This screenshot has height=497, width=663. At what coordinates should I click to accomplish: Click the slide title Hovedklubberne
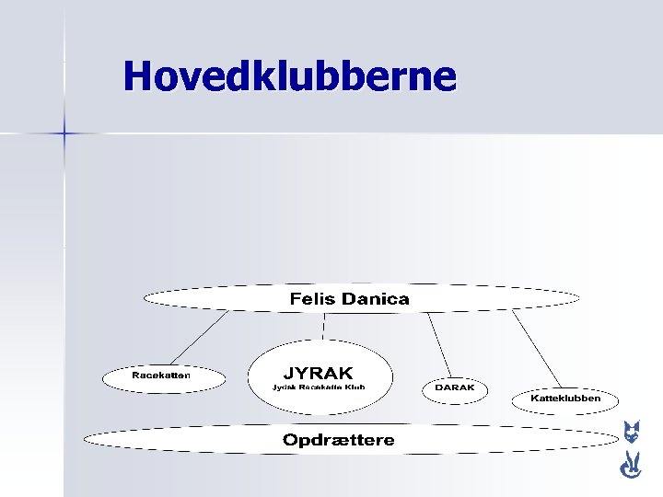point(289,76)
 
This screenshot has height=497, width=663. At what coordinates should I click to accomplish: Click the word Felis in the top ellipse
point(313,298)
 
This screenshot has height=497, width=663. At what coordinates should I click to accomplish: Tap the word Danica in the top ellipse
point(375,298)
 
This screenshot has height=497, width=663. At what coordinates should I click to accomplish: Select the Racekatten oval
point(162,376)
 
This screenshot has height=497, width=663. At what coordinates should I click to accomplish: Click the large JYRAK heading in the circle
point(319,373)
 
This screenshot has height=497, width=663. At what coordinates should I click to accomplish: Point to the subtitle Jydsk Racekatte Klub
point(319,387)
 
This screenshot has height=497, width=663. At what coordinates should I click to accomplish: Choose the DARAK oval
point(455,387)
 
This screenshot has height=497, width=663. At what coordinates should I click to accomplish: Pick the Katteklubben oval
point(565,399)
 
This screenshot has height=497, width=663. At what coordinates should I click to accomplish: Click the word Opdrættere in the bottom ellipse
point(338,440)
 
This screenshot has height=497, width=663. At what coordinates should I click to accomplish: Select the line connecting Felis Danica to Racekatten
point(199,338)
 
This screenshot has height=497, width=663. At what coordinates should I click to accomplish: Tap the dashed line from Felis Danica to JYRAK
point(323,325)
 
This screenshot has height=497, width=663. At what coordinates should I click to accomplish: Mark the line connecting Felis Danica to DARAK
point(439,344)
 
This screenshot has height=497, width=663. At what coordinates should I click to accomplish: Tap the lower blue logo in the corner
point(631,466)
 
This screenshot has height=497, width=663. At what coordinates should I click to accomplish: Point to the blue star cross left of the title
point(64,134)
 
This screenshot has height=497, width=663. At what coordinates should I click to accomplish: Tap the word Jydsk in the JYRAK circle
point(283,387)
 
